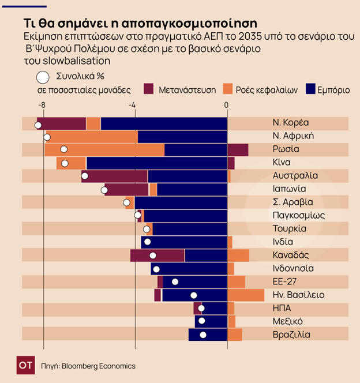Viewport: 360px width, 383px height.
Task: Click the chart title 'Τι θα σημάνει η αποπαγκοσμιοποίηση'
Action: (x=140, y=24)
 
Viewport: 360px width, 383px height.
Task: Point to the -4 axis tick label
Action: (x=132, y=105)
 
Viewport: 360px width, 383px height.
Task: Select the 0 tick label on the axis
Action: (x=226, y=105)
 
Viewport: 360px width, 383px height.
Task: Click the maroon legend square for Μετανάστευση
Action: (x=148, y=89)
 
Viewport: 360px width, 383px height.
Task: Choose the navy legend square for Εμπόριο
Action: (x=312, y=89)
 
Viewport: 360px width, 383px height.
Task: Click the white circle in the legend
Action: (x=42, y=77)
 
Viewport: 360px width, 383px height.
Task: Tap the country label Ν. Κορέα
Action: (x=291, y=123)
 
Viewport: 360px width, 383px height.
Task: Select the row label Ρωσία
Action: (x=286, y=149)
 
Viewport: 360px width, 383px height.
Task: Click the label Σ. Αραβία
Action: (x=292, y=202)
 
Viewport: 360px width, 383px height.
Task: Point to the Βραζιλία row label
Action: (x=291, y=335)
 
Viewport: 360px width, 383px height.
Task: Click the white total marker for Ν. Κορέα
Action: (x=38, y=125)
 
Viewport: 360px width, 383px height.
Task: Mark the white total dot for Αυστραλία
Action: (x=85, y=176)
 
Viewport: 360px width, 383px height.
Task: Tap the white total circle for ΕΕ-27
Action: (x=175, y=282)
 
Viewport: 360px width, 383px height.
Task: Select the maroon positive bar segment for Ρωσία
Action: (x=238, y=150)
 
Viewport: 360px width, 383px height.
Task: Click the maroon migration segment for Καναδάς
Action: (x=157, y=256)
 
